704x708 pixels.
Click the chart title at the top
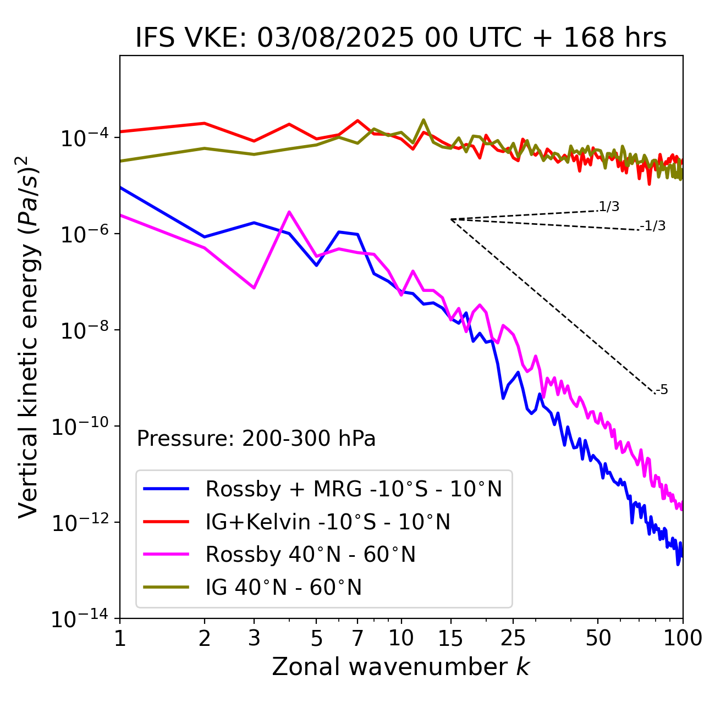pos(401,38)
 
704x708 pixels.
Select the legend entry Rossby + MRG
pos(354,489)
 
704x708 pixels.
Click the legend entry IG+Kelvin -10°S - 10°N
pos(328,522)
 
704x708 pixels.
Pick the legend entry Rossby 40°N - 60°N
pos(310,555)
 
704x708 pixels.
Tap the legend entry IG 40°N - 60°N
pos(283,588)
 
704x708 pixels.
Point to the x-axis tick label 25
pos(513,638)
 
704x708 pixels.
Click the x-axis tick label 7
pos(358,638)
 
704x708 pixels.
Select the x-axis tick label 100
pos(682,638)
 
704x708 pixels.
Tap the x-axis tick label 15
pos(450,638)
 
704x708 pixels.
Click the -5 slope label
pos(662,390)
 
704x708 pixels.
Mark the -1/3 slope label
pos(653,225)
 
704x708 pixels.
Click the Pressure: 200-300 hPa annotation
pos(256,439)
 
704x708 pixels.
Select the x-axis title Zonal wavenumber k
pos(401,667)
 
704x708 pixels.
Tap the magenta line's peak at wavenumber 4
pos(289,212)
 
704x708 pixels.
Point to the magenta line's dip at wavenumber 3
pos(254,288)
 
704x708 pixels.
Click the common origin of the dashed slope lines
pos(451,219)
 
